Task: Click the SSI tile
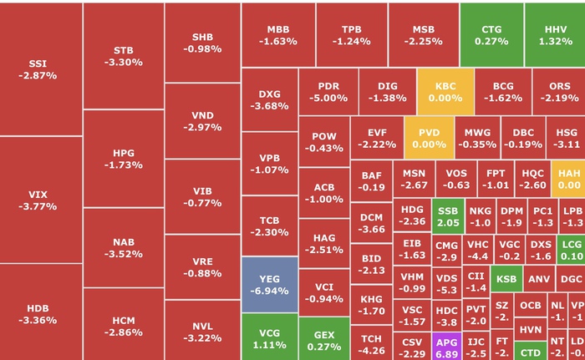(42, 69)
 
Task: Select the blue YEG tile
(269, 285)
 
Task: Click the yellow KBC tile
(445, 92)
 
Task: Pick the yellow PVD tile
(430, 138)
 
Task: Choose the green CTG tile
(491, 34)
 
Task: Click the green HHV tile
(556, 34)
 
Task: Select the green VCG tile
(269, 337)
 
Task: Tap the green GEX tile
(323, 340)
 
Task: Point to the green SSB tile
(448, 216)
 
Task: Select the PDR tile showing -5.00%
(328, 92)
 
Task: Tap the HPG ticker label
(124, 153)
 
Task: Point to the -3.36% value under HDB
(38, 320)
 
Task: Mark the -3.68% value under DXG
(269, 106)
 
